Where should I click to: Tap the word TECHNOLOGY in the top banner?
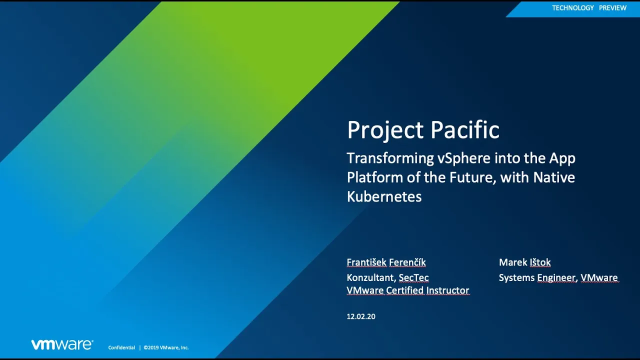point(573,8)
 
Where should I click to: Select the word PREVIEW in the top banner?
point(612,8)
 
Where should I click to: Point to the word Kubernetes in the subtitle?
point(384,196)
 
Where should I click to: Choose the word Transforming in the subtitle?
point(390,158)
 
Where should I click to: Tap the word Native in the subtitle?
point(554,177)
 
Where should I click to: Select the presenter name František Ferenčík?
point(386,262)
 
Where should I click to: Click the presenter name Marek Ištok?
point(524,262)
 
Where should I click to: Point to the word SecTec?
point(413,277)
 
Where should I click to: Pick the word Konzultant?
point(371,277)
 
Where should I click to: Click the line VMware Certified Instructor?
point(408,290)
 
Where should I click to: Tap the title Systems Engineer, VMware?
point(558,277)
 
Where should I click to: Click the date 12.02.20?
point(361,316)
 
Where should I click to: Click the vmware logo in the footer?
point(62,344)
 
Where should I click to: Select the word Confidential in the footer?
point(121,347)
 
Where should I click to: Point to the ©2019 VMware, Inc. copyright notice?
point(166,347)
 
